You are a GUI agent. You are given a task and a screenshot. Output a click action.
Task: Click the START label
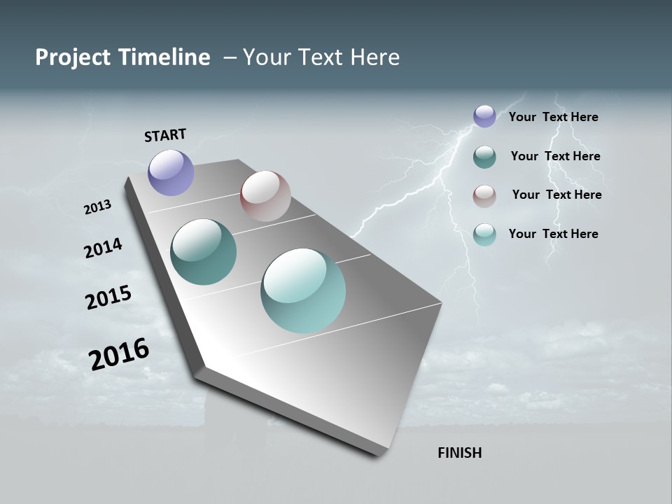pos(165,135)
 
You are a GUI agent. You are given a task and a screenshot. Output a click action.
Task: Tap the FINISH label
pos(459,453)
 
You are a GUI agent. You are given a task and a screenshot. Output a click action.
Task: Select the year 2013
pos(97,207)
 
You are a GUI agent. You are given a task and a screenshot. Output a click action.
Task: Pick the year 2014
pos(103,248)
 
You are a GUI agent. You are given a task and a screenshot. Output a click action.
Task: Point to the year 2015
pos(108,297)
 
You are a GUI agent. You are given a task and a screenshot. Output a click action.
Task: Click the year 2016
pos(119,354)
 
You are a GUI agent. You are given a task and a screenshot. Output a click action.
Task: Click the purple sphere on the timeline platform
pos(171,172)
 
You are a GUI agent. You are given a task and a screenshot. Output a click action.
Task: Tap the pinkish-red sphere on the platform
pos(265,196)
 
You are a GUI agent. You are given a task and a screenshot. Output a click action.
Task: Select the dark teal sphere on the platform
pos(204,252)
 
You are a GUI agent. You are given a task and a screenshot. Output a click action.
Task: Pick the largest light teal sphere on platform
pos(303,290)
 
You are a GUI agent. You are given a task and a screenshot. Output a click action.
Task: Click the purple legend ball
pos(484,116)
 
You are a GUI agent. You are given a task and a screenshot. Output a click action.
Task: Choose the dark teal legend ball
pos(484,157)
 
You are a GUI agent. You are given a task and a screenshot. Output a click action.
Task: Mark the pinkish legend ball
pos(484,196)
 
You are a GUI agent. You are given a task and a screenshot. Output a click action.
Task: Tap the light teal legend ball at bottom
pos(484,234)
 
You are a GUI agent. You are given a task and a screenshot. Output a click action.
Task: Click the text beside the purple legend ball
pos(553,117)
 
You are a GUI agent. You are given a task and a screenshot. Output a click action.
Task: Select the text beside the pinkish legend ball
pos(556,195)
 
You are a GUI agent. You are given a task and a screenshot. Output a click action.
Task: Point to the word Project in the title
pos(73,57)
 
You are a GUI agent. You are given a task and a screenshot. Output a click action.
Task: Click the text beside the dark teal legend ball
pos(555,156)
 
